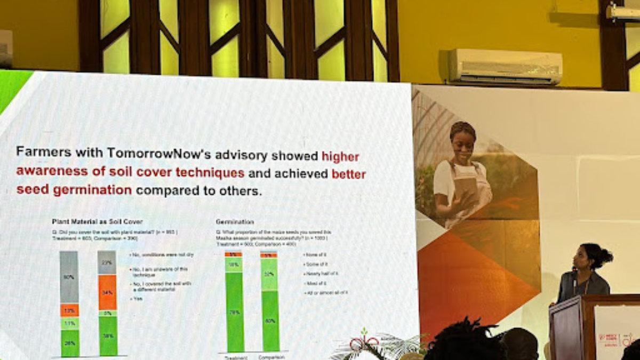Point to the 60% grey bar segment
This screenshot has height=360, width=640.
[x=69, y=277]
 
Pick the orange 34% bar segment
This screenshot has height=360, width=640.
[x=107, y=292]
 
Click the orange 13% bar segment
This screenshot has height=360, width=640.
[x=69, y=310]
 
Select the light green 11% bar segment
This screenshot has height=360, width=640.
[x=69, y=323]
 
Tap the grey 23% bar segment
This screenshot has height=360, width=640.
[x=107, y=262]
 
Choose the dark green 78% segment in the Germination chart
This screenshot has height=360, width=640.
[x=234, y=312]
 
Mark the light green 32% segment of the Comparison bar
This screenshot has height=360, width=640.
[x=270, y=274]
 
